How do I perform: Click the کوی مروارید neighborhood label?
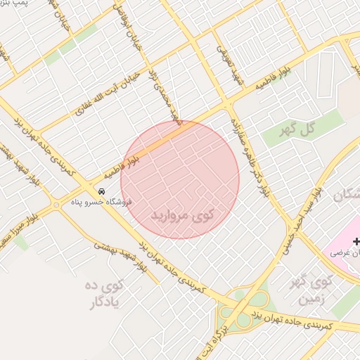(181, 212)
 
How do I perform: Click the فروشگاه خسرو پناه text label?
(98, 202)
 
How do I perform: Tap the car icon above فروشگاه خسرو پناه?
(102, 191)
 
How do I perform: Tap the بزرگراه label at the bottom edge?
(224, 337)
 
